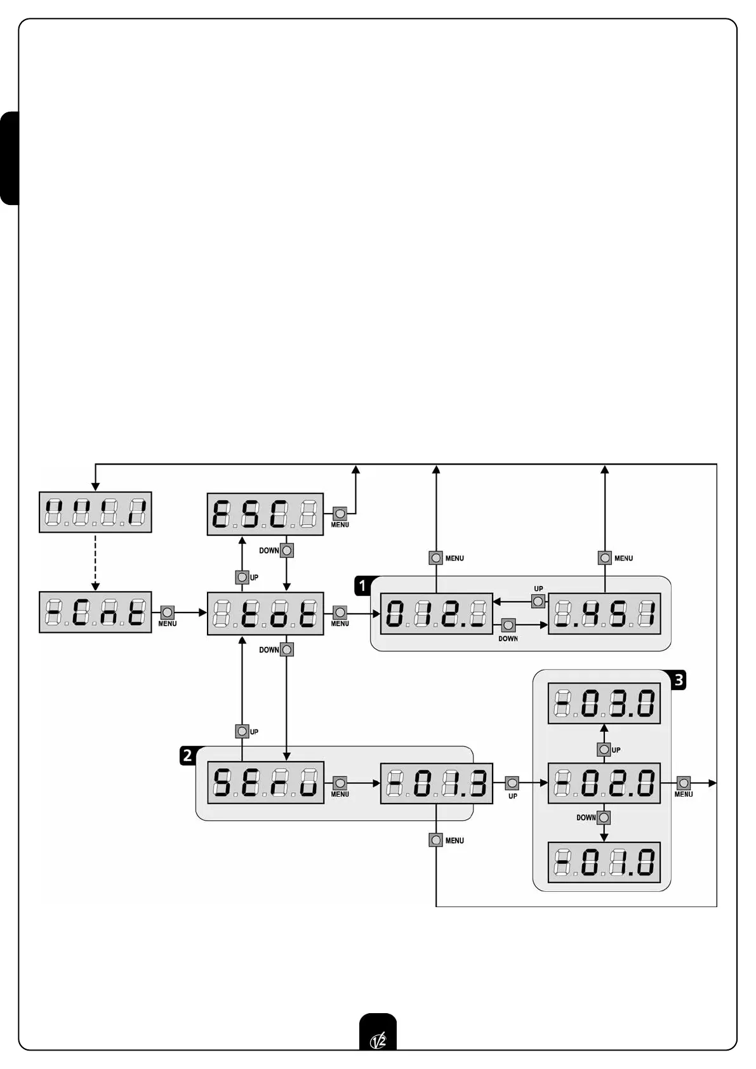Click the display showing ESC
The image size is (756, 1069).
265,514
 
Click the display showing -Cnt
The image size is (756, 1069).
95,612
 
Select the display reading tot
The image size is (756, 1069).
265,613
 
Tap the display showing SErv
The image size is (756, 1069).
265,782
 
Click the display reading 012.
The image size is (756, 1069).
436,613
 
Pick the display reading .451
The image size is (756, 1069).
604,613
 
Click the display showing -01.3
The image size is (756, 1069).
436,783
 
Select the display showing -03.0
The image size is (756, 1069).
604,703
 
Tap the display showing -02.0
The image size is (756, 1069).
604,783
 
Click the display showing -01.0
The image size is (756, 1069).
604,862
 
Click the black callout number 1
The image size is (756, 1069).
362,585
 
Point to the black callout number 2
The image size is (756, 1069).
187,755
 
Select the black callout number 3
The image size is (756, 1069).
679,681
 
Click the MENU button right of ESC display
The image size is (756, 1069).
340,514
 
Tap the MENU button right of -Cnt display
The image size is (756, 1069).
167,613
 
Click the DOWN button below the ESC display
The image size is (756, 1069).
287,550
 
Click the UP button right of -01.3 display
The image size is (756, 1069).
512,783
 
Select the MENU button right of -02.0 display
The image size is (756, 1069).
684,783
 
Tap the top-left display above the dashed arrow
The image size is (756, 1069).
95,512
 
